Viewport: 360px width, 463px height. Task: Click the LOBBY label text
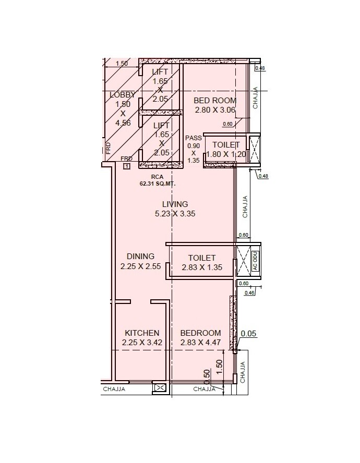click(123, 95)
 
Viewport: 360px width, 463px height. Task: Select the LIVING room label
click(175, 204)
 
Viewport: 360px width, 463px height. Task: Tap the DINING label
click(140, 256)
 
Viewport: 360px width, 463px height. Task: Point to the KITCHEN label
click(141, 333)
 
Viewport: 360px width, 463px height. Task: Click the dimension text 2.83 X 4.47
click(200, 343)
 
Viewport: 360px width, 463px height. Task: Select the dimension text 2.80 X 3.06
click(215, 110)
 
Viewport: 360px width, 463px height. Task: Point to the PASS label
click(193, 138)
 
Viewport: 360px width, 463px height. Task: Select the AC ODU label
click(256, 259)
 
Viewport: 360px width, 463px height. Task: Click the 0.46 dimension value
click(249, 293)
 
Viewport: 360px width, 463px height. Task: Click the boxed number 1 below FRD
click(126, 166)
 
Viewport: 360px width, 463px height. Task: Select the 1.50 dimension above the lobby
click(121, 64)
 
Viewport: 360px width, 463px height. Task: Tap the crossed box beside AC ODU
click(244, 259)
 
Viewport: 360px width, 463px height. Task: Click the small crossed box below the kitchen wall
click(160, 387)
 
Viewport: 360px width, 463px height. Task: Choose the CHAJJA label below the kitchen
click(114, 389)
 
